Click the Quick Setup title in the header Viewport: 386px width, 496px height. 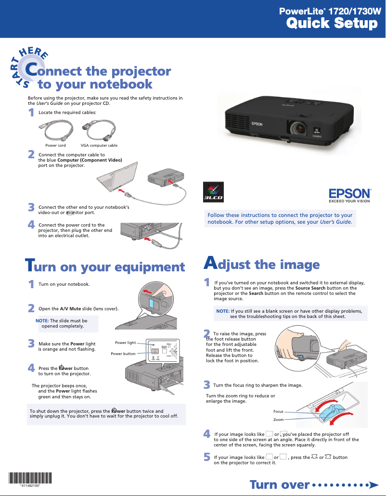332,23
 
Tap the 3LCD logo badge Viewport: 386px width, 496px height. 212,193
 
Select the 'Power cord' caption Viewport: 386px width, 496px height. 55,145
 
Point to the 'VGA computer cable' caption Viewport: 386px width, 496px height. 99,145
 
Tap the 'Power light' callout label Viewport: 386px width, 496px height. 125,343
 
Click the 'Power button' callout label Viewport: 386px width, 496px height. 123,354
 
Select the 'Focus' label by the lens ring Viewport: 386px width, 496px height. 278,411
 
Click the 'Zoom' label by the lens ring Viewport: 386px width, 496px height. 278,420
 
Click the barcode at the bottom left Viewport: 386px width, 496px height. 30,479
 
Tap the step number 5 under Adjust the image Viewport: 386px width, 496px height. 207,456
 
